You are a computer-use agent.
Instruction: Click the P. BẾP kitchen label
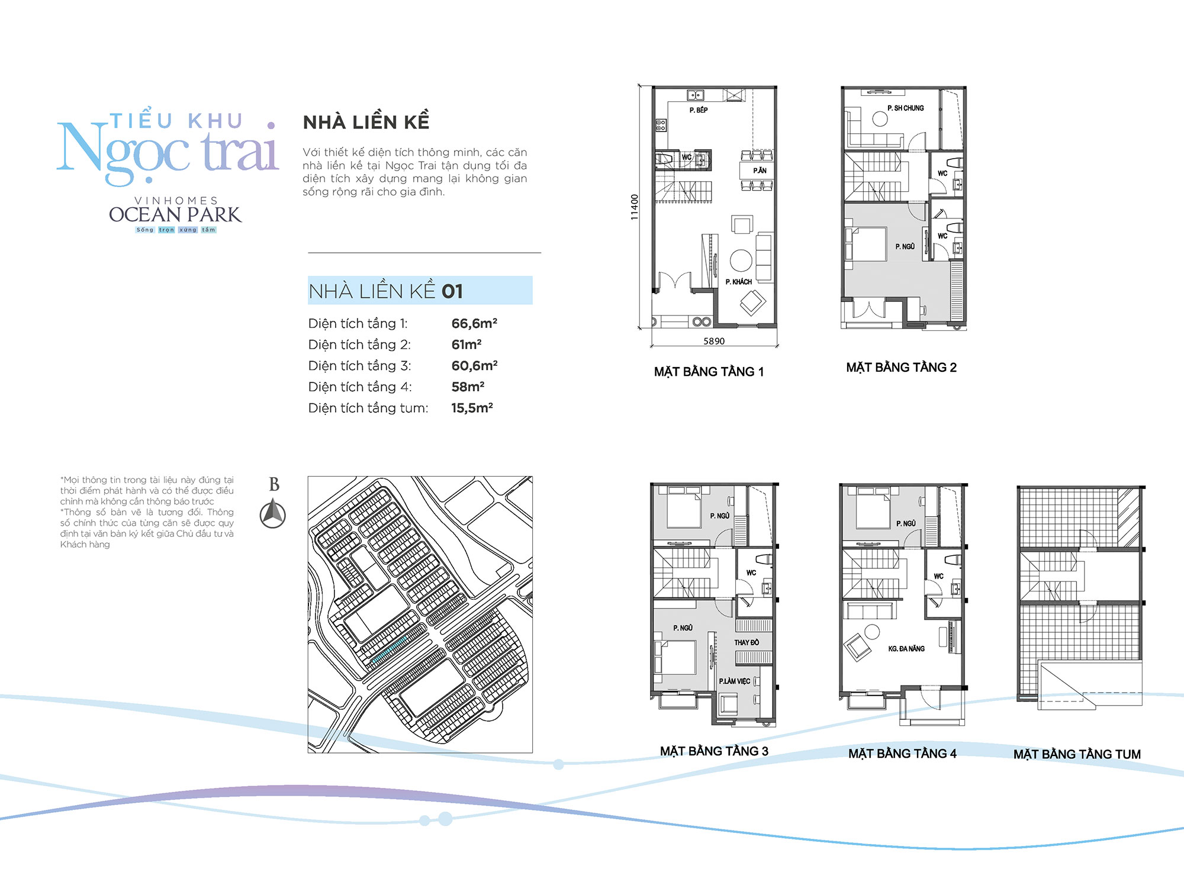pyautogui.click(x=699, y=110)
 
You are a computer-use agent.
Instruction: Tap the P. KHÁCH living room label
pyautogui.click(x=739, y=282)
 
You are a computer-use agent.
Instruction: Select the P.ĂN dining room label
pyautogui.click(x=760, y=170)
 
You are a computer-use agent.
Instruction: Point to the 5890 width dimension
pyautogui.click(x=714, y=341)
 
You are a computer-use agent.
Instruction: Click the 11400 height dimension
pyautogui.click(x=635, y=207)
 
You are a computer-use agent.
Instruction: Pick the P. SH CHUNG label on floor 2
pyautogui.click(x=905, y=108)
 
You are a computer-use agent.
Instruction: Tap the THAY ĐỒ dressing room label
pyautogui.click(x=747, y=642)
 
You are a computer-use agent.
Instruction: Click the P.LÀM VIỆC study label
pyautogui.click(x=734, y=681)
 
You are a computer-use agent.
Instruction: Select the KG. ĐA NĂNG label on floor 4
pyautogui.click(x=906, y=649)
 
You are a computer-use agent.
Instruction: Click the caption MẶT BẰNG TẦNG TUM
pyautogui.click(x=1077, y=754)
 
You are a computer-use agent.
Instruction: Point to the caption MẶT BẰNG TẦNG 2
pyautogui.click(x=901, y=368)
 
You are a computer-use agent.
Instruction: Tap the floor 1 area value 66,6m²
pyautogui.click(x=474, y=323)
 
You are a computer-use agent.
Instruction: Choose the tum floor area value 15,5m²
pyautogui.click(x=472, y=408)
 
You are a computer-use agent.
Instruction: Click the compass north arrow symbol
pyautogui.click(x=273, y=514)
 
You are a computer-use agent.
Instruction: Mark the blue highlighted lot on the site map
pyautogui.click(x=389, y=649)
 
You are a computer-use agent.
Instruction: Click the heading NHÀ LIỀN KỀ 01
pyautogui.click(x=385, y=291)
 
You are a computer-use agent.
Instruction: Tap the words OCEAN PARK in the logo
pyautogui.click(x=175, y=214)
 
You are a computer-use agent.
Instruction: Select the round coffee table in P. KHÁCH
pyautogui.click(x=741, y=260)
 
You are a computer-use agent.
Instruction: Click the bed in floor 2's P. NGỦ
pyautogui.click(x=866, y=244)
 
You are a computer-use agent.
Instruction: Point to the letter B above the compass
pyautogui.click(x=274, y=484)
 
